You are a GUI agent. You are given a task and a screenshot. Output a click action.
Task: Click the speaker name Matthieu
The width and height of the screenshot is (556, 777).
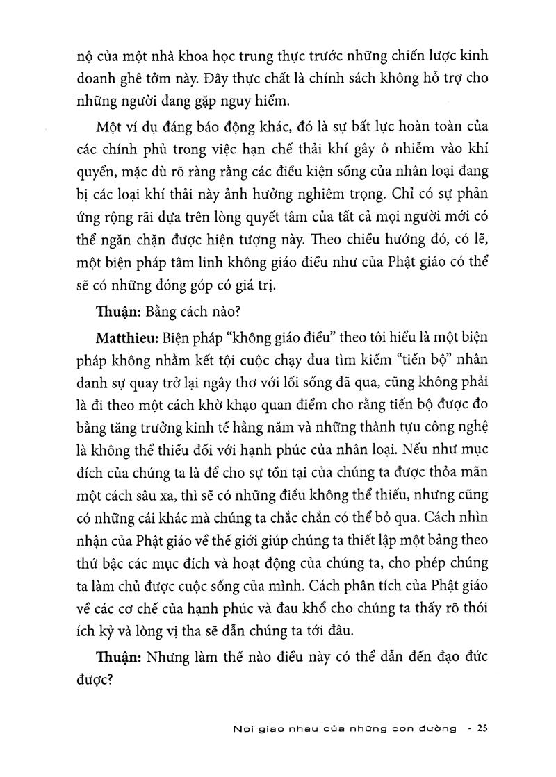coord(124,338)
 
